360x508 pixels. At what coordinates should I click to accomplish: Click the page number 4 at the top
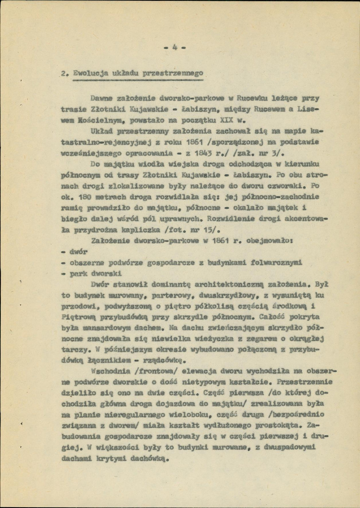click(174, 47)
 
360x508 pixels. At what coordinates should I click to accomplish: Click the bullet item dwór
click(79, 251)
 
